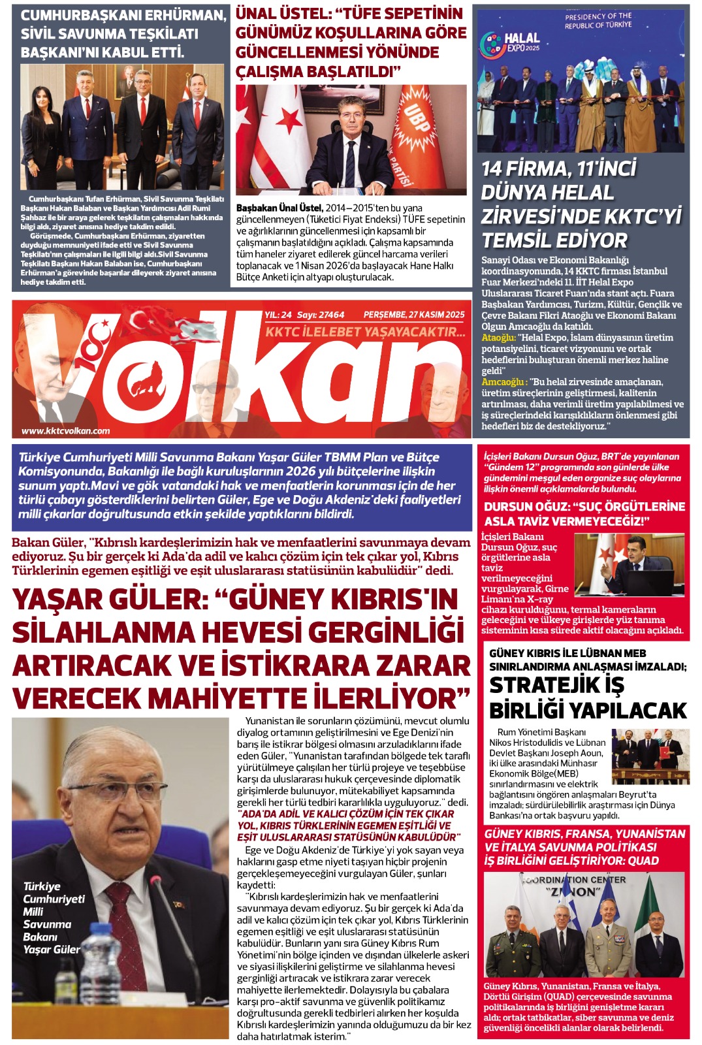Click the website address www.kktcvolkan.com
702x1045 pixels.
tap(66, 430)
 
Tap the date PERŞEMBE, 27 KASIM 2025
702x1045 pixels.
tap(414, 315)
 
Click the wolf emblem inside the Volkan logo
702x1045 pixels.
tap(147, 380)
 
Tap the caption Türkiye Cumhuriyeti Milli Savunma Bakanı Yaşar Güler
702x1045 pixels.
tap(52, 918)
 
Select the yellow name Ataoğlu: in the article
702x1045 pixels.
tap(498, 338)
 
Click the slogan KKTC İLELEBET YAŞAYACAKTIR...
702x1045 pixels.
tap(365, 332)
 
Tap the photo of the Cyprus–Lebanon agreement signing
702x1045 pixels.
tap(650, 756)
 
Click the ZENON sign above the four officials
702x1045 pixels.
tap(574, 891)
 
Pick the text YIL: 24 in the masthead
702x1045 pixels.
tap(278, 315)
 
